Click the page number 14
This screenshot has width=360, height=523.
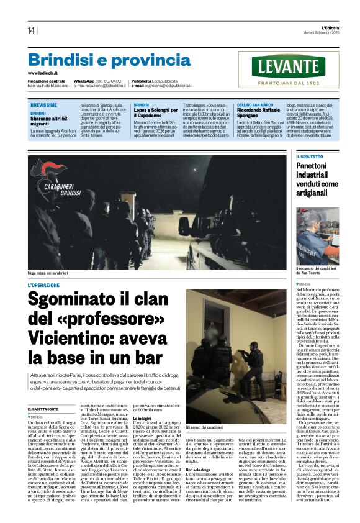pyautogui.click(x=31, y=30)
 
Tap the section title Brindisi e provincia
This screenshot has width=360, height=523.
pyautogui.click(x=109, y=60)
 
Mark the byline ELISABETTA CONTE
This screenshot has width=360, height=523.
pyautogui.click(x=47, y=393)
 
